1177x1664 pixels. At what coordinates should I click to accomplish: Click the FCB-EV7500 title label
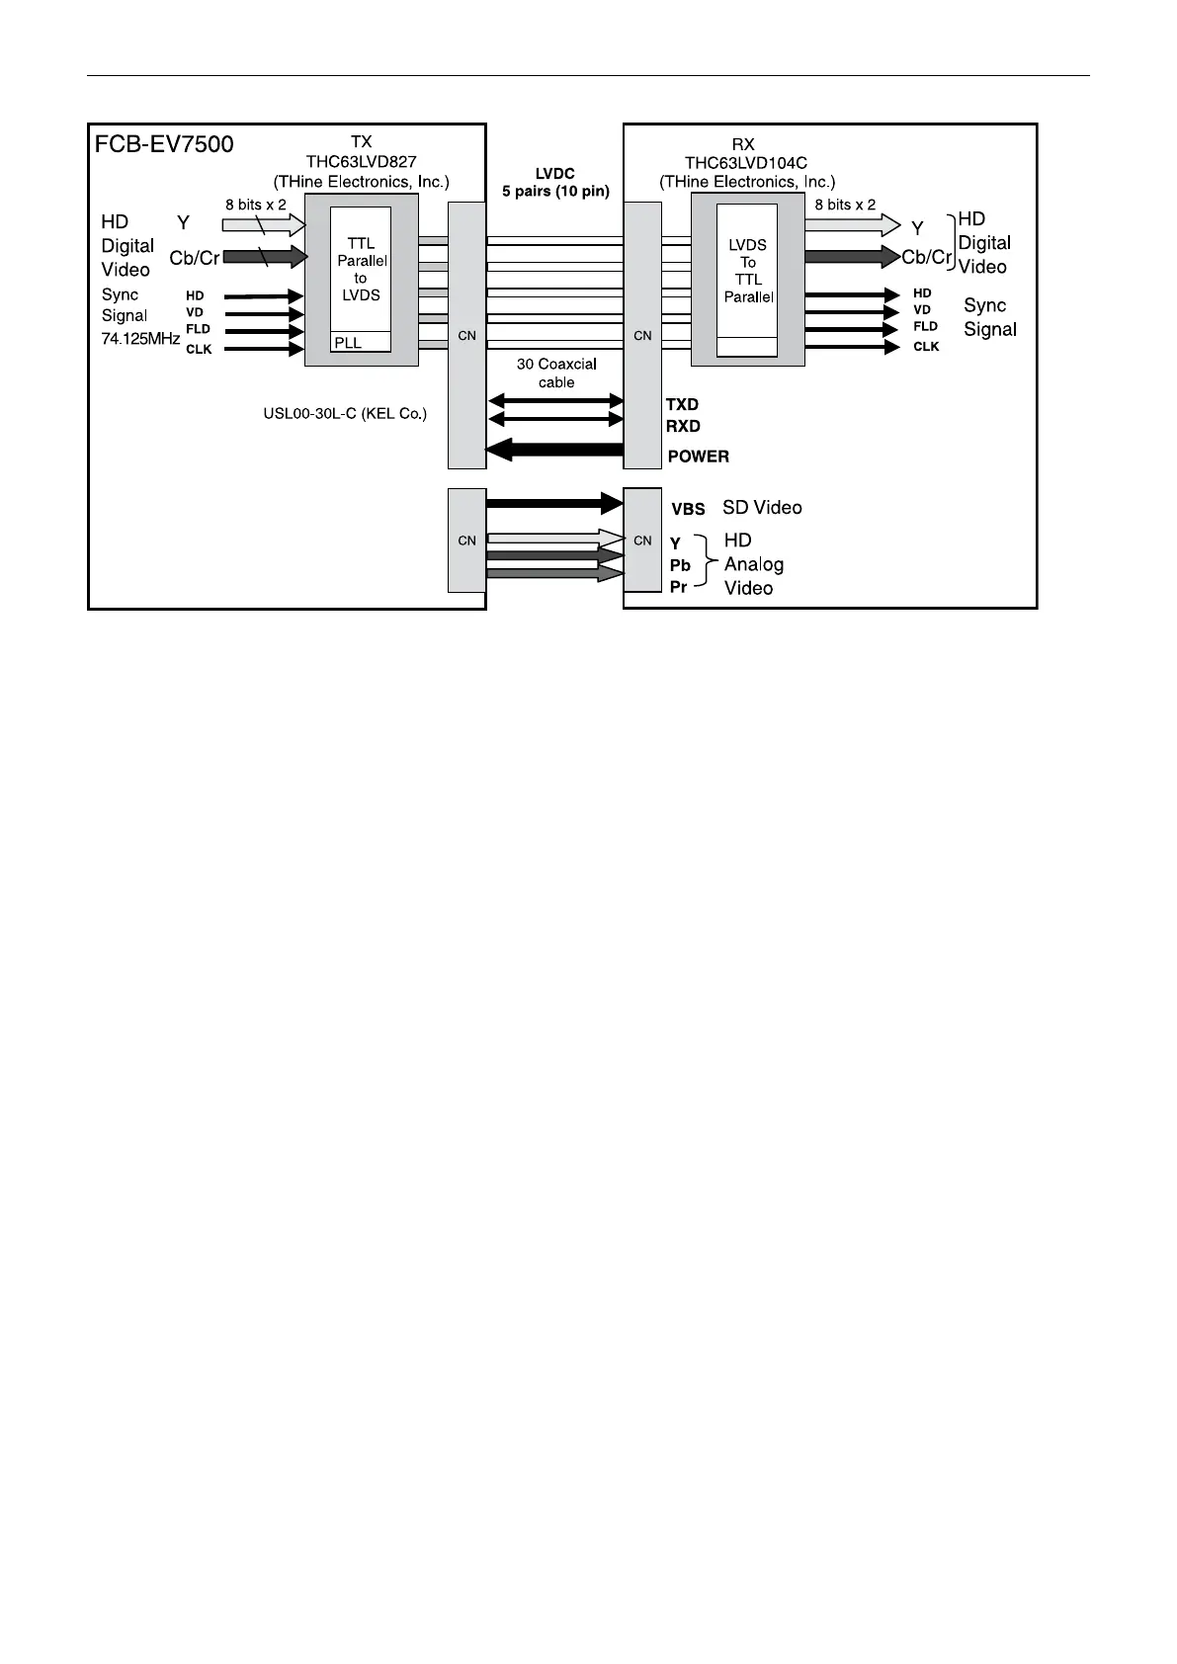pos(164,144)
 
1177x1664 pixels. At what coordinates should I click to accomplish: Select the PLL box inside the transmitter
pos(360,343)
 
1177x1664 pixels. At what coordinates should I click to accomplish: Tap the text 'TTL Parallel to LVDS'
pos(361,269)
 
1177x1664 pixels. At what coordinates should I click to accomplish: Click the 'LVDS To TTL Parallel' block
pos(747,270)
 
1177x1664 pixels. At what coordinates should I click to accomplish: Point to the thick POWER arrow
pos(554,452)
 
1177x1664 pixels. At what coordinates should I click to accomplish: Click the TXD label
pos(682,405)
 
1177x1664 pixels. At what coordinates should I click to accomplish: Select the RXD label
pos(683,427)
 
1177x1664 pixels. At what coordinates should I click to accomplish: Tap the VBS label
pos(688,510)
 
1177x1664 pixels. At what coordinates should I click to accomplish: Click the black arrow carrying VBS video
pos(554,503)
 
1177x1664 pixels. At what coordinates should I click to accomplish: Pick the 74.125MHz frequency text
pos(140,338)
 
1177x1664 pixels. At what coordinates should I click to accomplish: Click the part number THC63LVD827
pos(361,162)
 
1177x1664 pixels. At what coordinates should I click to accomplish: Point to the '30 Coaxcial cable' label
pos(556,374)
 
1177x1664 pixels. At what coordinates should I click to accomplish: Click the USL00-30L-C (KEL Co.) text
pos(338,414)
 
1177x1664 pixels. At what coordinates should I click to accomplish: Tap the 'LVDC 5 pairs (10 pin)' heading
pos(555,183)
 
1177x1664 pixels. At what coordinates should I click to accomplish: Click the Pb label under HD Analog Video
pos(680,566)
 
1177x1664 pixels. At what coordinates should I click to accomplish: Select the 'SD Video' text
pos(762,508)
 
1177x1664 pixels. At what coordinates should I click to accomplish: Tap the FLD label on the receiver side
pos(925,327)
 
